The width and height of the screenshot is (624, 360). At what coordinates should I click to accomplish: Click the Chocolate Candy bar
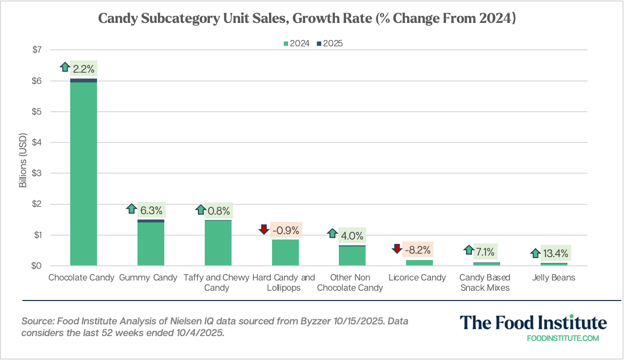coord(83,173)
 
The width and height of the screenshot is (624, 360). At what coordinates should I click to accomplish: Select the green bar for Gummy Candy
coord(151,244)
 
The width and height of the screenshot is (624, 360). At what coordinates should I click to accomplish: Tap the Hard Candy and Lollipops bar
coord(285,253)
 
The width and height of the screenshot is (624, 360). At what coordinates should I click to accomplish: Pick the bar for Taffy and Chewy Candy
coord(218,243)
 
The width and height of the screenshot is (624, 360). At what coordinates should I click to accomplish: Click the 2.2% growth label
coord(84,69)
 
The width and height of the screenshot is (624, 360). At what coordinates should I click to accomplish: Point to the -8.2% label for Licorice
coord(417,250)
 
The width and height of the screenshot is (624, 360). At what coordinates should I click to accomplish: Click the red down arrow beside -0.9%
coord(264,229)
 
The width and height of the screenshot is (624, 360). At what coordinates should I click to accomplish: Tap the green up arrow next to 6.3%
coord(131,209)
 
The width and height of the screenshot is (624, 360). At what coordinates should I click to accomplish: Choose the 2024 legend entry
coord(296,43)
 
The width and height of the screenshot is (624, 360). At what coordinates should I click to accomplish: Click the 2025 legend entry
coord(330,43)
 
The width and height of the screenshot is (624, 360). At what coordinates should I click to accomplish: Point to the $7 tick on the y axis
coord(37,50)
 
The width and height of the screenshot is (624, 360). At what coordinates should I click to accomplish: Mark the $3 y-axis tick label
coord(37,173)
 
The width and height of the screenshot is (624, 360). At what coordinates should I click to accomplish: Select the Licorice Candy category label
coord(417,278)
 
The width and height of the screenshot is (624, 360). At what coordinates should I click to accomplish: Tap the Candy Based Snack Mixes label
coord(485,282)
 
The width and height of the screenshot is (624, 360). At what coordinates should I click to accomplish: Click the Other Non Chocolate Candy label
coord(350,282)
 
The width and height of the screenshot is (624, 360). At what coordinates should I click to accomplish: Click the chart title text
coord(307,18)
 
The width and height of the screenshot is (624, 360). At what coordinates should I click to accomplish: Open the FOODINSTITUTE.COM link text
coord(563,338)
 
